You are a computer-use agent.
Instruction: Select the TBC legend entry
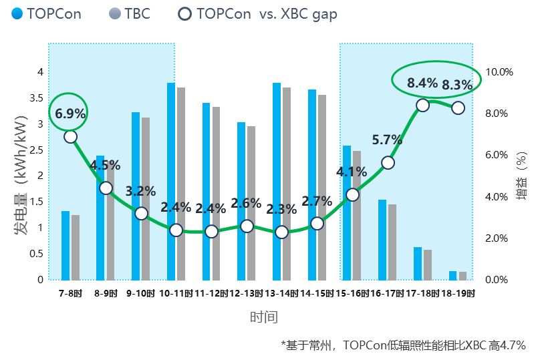(130, 13)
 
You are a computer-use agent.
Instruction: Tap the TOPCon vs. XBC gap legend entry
(258, 13)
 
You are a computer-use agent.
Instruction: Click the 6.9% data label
(70, 114)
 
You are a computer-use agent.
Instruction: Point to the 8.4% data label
(422, 83)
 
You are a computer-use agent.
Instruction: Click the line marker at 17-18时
(422, 105)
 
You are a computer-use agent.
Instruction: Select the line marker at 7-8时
(70, 136)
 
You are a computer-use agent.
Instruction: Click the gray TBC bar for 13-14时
(287, 184)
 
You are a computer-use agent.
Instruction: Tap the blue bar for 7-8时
(65, 245)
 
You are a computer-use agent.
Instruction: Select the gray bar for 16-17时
(392, 242)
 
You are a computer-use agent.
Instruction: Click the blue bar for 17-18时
(418, 263)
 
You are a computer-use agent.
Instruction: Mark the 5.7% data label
(387, 140)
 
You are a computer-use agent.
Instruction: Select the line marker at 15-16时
(352, 194)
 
